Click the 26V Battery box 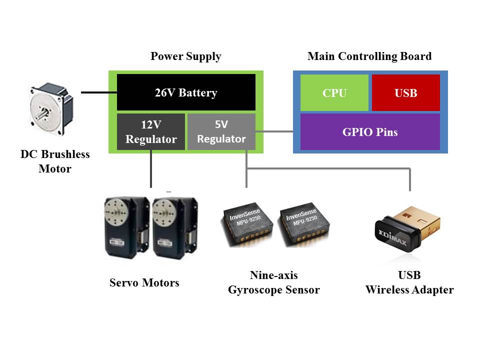186,92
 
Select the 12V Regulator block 151,132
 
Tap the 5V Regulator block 221,132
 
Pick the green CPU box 334,93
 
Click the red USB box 406,93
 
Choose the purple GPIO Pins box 370,132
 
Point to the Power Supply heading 186,56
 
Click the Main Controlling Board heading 369,56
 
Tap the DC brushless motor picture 51,108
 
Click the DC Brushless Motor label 55,161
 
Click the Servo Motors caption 144,282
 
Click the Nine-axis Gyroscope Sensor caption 274,282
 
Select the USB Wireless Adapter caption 409,282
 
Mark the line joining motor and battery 99,92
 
